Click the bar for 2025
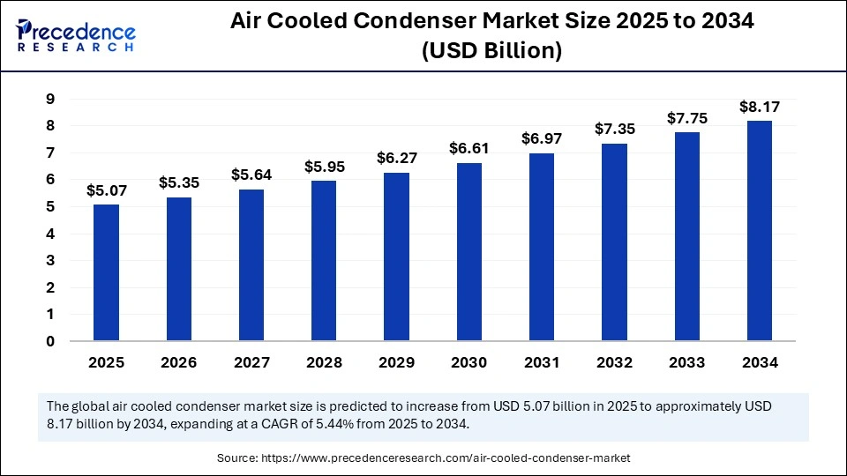[106, 272]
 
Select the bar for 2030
[468, 252]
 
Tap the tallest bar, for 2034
[759, 231]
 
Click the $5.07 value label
[105, 190]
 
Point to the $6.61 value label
[468, 148]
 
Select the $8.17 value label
[759, 107]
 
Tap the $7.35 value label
[614, 129]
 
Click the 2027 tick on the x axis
[251, 362]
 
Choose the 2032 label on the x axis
[614, 362]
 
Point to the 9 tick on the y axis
[50, 100]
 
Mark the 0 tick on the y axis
[50, 341]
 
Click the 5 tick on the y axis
[50, 207]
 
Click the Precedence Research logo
[76, 33]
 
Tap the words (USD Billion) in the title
[491, 51]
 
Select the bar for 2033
[686, 236]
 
